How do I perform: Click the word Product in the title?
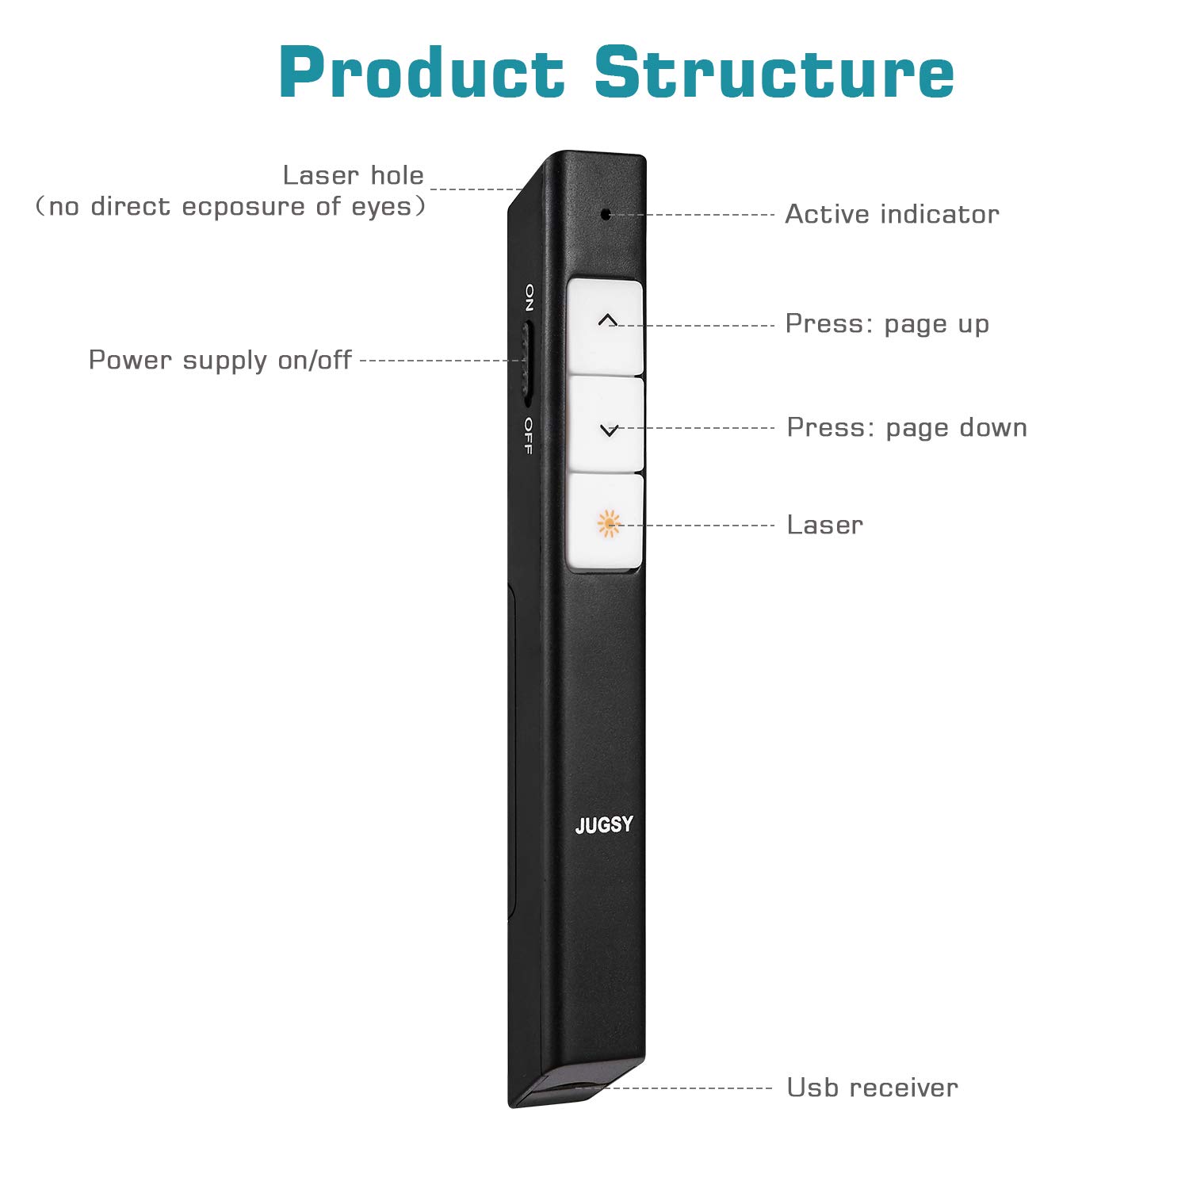(x=421, y=73)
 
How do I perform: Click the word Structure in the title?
(x=774, y=73)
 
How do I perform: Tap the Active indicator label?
(x=892, y=214)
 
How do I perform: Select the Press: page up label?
(x=887, y=323)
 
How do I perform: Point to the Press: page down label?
(x=907, y=427)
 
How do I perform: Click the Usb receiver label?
(x=872, y=1088)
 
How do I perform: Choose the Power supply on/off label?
(x=220, y=360)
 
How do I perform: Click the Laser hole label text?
(x=353, y=175)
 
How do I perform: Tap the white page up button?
(x=606, y=326)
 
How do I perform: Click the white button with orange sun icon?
(x=606, y=523)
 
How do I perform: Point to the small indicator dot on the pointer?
(x=606, y=214)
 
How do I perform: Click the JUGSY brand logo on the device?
(x=604, y=825)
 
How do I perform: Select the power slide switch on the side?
(x=526, y=361)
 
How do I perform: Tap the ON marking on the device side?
(x=530, y=297)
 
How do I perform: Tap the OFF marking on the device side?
(x=528, y=435)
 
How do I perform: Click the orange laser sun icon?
(x=608, y=524)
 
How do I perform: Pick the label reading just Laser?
(x=824, y=525)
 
